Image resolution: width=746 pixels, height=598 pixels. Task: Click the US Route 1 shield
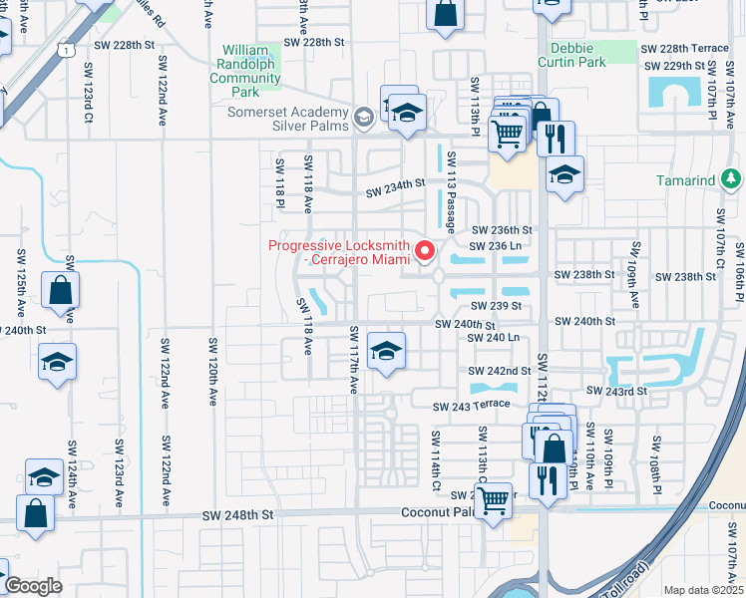pos(66,48)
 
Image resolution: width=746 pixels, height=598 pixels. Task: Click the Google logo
pos(34,586)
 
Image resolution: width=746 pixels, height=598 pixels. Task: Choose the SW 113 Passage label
pos(452,190)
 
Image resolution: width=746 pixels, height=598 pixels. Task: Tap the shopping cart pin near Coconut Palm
pos(493,502)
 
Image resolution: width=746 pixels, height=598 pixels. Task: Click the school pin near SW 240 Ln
pos(386,351)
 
